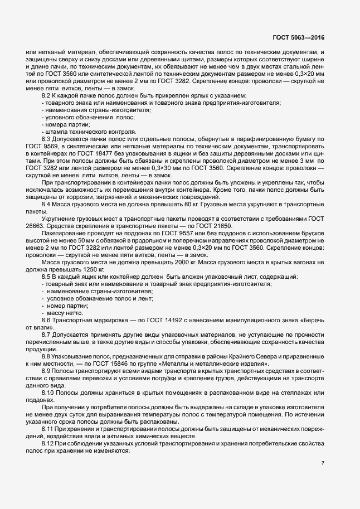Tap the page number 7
point(323,462)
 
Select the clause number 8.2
point(47,96)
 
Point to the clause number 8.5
point(47,277)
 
